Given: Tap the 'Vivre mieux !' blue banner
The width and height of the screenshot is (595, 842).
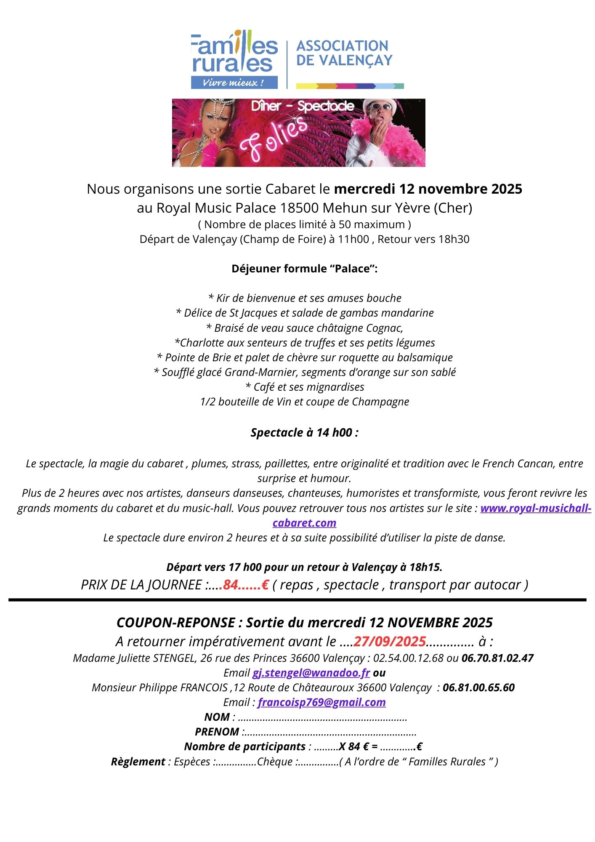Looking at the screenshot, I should (x=234, y=83).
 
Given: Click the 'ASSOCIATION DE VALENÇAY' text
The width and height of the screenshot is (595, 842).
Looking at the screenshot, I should (x=344, y=53).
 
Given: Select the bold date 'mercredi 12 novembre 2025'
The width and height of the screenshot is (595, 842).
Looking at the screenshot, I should (x=428, y=189).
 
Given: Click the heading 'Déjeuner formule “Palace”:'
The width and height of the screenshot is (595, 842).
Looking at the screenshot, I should (x=304, y=269).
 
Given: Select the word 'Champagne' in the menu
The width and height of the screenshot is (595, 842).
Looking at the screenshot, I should (x=380, y=402).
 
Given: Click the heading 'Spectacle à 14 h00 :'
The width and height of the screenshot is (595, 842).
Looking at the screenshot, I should (x=304, y=433).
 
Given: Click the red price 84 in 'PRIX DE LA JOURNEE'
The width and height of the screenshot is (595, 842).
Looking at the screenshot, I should (x=231, y=585).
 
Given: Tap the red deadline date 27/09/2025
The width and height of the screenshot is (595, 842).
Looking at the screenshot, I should (x=390, y=641).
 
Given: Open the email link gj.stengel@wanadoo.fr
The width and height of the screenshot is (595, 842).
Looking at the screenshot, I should (x=311, y=673).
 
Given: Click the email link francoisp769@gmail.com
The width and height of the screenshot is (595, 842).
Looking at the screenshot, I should (x=321, y=702).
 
